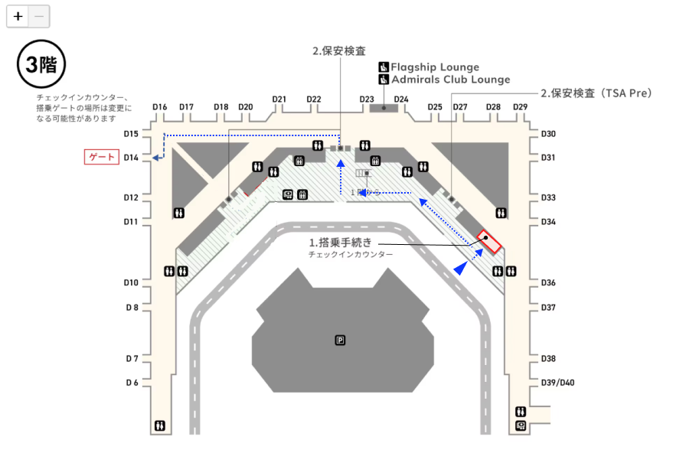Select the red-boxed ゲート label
[102, 158]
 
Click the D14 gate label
[131, 158]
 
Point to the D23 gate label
[367, 99]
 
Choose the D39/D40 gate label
[558, 383]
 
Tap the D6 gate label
[132, 383]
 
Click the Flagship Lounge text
[435, 67]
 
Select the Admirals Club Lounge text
[450, 80]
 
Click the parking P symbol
[340, 340]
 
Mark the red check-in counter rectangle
[488, 242]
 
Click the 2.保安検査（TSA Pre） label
[596, 93]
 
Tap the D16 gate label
[159, 107]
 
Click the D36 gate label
[548, 283]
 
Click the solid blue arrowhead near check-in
[461, 268]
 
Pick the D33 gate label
[548, 197]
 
